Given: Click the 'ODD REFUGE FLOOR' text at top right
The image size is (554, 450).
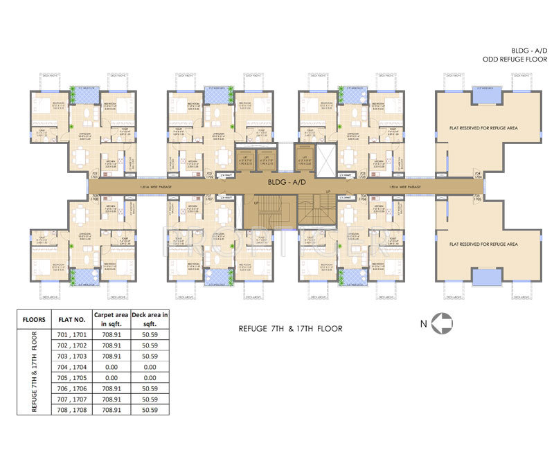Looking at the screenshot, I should (511, 60).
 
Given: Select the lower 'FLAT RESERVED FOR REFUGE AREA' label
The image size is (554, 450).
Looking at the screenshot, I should (483, 244).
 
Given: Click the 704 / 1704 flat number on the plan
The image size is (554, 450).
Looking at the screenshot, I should (476, 175).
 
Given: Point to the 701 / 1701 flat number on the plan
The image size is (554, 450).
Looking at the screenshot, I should (95, 175).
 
